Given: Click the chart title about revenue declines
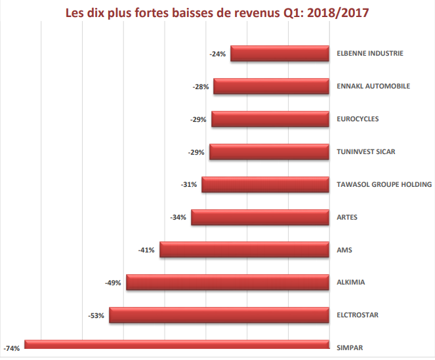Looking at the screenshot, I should [217, 14].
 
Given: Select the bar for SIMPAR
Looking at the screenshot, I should [176, 344].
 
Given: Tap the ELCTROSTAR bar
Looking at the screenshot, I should [218, 315].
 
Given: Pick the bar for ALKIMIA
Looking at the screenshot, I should [227, 282].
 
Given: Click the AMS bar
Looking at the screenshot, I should [243, 249].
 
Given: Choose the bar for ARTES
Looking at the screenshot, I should [260, 217].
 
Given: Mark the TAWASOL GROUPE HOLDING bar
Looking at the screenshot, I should [265, 184].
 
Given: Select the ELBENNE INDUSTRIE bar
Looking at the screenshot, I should [279, 54].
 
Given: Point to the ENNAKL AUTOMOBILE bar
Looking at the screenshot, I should [271, 86].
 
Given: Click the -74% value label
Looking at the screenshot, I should [12, 348].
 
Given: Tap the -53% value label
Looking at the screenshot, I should [96, 315].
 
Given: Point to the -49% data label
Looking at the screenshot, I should [113, 283].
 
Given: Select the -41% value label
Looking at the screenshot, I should [146, 250].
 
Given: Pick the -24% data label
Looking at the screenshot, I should [218, 54].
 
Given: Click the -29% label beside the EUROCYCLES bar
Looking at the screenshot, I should [198, 119].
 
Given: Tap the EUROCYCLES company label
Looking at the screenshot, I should [357, 119].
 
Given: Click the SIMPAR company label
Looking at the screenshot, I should [349, 348].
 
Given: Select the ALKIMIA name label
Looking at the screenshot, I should [350, 282].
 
